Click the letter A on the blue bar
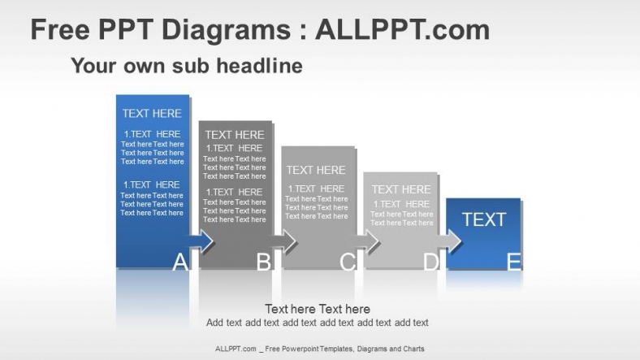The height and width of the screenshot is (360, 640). click(180, 262)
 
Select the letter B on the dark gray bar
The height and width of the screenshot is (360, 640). click(263, 262)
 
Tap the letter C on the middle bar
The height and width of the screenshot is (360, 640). click(347, 262)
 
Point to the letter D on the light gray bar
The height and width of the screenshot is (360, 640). click(430, 262)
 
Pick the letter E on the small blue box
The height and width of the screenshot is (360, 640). click(513, 262)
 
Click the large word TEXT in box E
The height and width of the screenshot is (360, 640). click(484, 219)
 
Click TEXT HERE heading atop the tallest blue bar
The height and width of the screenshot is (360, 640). click(152, 114)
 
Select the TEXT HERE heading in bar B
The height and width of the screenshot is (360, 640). click(235, 135)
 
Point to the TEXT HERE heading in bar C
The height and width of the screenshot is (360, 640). click(316, 170)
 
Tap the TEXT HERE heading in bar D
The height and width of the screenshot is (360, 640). click(401, 189)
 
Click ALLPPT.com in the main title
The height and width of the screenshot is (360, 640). click(402, 30)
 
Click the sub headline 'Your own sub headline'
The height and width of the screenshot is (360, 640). click(187, 65)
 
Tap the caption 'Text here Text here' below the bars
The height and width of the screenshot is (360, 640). click(318, 309)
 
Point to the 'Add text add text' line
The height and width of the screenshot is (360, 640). click(318, 323)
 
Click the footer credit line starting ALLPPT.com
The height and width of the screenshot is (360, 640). click(319, 349)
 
